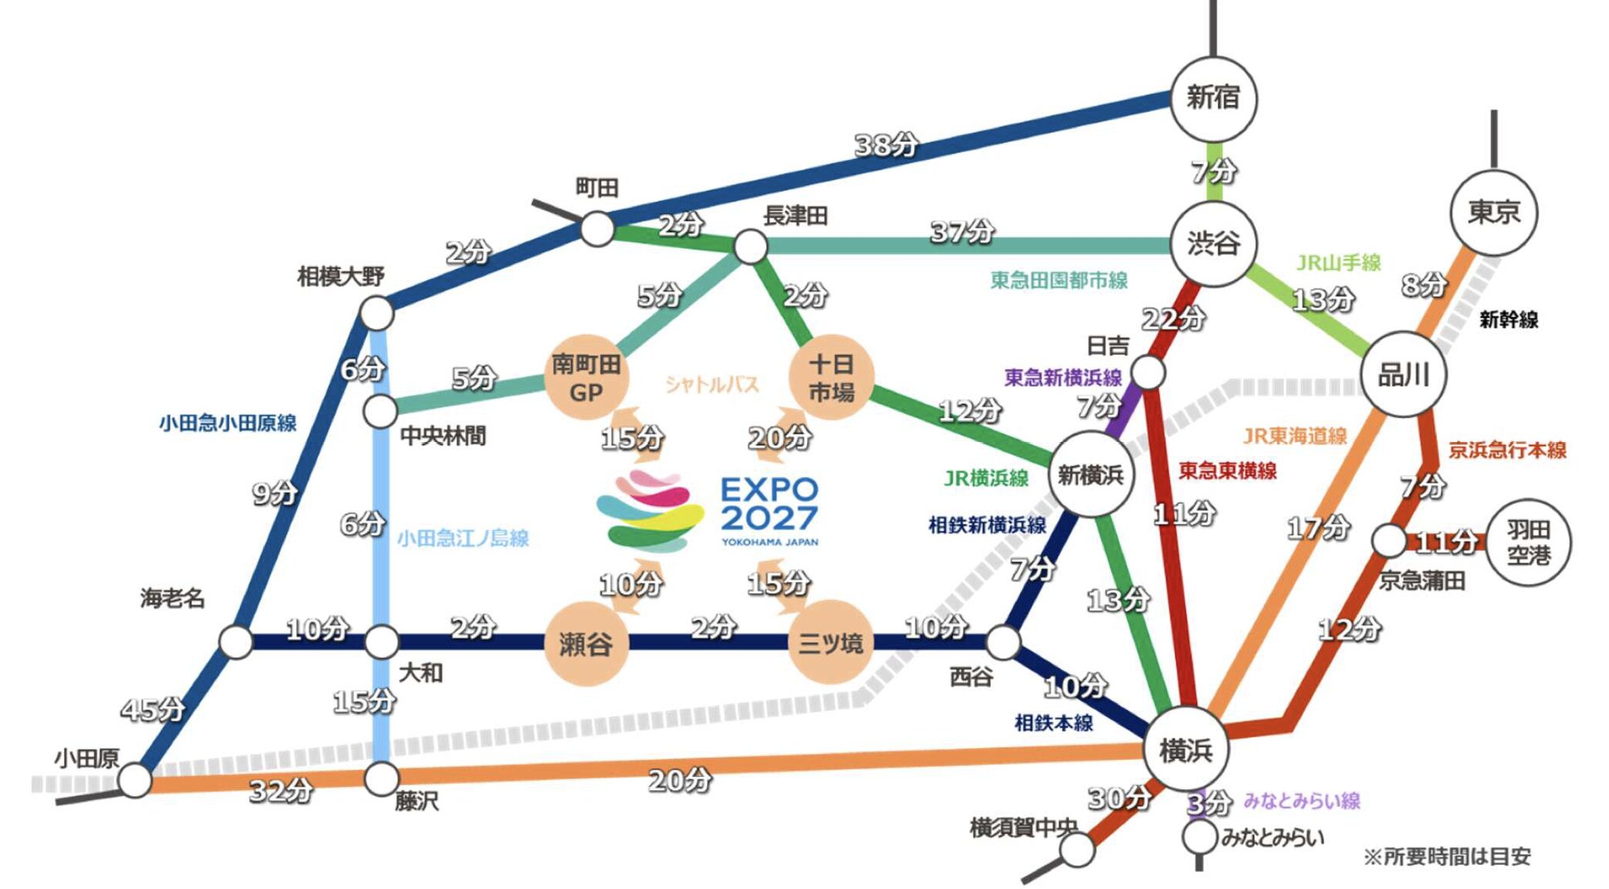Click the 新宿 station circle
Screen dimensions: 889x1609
tap(1213, 99)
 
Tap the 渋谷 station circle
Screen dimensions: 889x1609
tap(1213, 244)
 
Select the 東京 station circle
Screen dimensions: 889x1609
tap(1493, 212)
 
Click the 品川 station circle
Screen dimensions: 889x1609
tap(1403, 375)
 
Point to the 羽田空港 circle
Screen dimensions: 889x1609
tap(1527, 543)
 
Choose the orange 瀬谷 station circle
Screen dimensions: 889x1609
tap(585, 644)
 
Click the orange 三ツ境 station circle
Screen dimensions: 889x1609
tap(831, 643)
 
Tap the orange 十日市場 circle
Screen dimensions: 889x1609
tap(831, 377)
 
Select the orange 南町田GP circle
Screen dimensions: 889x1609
tap(586, 377)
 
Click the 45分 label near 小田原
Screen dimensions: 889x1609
tap(153, 708)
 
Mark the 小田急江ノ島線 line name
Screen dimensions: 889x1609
tap(463, 538)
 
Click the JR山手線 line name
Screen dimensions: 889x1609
tap(1338, 262)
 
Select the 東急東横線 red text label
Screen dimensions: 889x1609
tap(1227, 470)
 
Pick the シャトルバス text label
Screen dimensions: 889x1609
tap(712, 384)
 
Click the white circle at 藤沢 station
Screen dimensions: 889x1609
tap(381, 779)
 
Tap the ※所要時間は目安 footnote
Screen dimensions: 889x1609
tap(1447, 857)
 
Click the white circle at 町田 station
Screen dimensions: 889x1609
tap(597, 229)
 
